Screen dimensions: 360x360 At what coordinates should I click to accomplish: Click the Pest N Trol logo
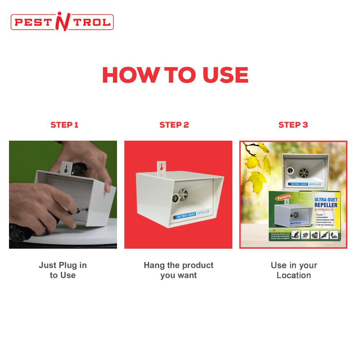coord(62,22)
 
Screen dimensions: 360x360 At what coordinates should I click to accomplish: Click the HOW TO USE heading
coord(175,75)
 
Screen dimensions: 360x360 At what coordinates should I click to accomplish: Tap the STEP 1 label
coord(64,125)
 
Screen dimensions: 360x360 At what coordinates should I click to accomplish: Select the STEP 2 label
coord(174,125)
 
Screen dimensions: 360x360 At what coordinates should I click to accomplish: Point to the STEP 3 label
coord(293,125)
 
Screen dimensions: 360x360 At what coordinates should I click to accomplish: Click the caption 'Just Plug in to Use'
coord(63,270)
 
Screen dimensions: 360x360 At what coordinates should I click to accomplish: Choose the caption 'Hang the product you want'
coord(178,270)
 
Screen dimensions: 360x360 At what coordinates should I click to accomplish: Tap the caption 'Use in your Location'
coord(294,270)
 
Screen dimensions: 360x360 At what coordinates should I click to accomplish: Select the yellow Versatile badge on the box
coord(284,197)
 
